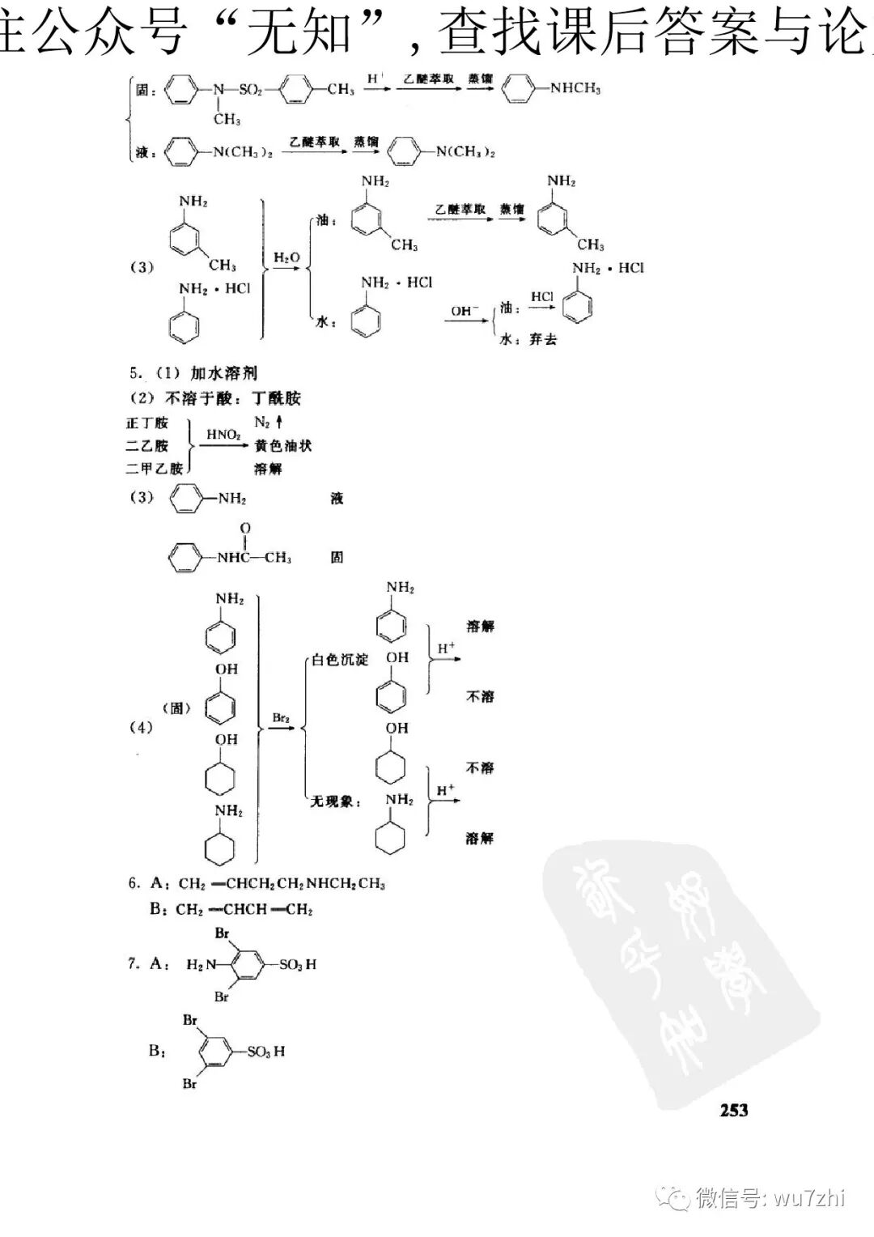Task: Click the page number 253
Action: click(734, 1110)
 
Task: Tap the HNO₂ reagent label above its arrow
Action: click(223, 435)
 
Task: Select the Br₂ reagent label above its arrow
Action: click(281, 717)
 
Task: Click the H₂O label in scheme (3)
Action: click(286, 257)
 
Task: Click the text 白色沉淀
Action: click(340, 660)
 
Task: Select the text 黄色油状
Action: click(282, 445)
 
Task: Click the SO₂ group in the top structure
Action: click(251, 90)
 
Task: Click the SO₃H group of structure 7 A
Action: click(298, 964)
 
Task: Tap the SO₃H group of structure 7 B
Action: click(266, 1051)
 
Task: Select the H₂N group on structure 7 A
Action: click(202, 964)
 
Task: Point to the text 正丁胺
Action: click(147, 423)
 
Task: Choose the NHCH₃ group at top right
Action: click(575, 88)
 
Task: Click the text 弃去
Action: click(544, 339)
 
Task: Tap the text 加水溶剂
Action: click(224, 373)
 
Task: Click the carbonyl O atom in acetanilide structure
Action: click(245, 529)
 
